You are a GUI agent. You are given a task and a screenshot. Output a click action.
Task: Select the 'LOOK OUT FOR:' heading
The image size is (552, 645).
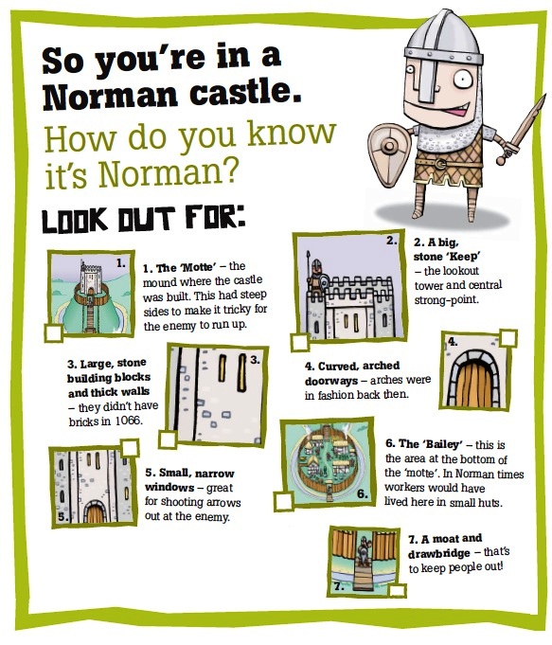142,219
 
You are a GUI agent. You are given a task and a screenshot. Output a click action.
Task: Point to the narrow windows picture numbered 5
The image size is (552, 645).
93,486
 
